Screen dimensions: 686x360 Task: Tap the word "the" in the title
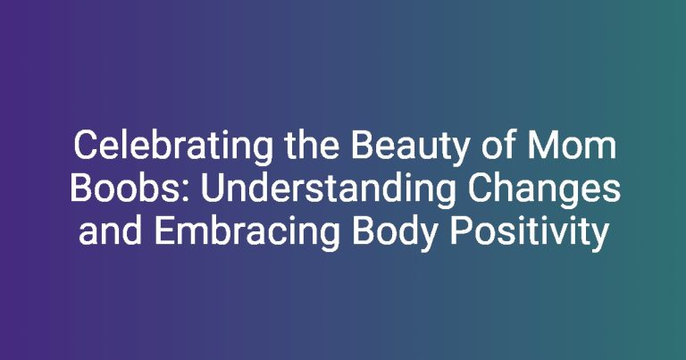312,146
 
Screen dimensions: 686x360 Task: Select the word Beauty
410,147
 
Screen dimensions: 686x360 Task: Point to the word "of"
498,146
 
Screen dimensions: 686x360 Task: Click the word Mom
572,146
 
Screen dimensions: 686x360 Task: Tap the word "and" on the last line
110,231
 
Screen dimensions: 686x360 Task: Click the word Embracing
247,234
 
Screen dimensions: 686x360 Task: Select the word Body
395,234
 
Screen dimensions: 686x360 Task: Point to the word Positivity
530,234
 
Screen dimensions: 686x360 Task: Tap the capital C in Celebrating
86,146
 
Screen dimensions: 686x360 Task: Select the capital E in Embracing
165,231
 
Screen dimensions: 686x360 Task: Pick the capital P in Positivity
461,231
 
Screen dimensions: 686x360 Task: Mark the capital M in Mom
542,146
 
